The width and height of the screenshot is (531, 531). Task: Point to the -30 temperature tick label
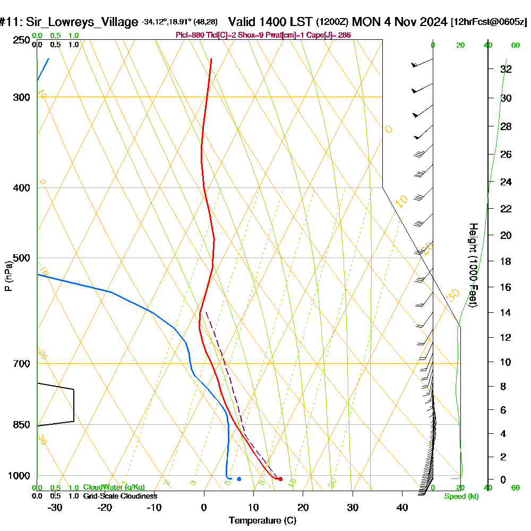(x=55, y=507)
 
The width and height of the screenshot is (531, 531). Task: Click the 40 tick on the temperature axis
(x=402, y=507)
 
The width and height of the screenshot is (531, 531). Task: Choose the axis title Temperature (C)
(x=262, y=521)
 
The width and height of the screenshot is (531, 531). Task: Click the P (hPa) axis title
(x=8, y=276)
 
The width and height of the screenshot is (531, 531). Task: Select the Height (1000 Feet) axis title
(x=472, y=265)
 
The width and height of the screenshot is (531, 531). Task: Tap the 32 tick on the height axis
(x=506, y=69)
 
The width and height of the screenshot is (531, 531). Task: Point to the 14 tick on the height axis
(x=506, y=312)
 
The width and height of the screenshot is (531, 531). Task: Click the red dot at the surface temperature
(x=280, y=479)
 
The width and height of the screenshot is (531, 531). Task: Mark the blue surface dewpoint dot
(x=239, y=479)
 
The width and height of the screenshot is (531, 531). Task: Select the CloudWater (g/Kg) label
(x=114, y=487)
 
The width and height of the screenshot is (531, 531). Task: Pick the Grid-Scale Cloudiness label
(x=120, y=496)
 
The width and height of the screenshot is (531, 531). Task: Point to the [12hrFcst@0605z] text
(x=489, y=22)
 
